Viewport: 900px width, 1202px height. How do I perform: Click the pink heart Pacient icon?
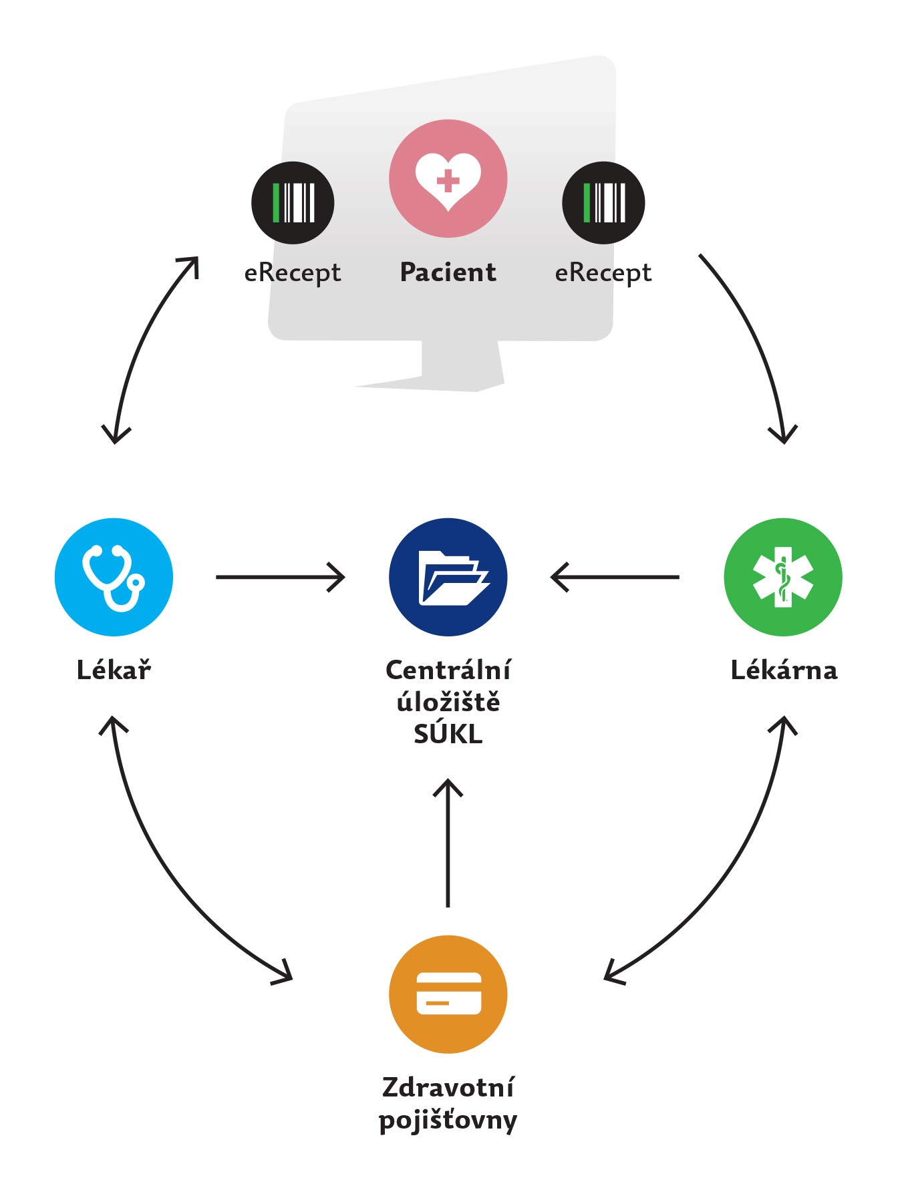[448, 178]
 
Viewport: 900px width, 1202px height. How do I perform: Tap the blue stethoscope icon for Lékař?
[114, 577]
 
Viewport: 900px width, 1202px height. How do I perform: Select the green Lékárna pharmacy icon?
[783, 577]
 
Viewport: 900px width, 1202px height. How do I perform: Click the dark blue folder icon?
[448, 577]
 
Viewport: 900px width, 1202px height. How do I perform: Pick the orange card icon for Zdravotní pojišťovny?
[448, 994]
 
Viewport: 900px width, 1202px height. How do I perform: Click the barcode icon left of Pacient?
[293, 202]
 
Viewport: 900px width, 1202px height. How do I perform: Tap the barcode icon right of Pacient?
[603, 202]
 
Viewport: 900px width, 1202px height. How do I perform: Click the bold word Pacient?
[448, 272]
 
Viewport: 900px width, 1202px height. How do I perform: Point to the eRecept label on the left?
[293, 273]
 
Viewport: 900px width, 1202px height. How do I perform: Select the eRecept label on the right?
[603, 273]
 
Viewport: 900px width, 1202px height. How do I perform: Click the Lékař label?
[114, 670]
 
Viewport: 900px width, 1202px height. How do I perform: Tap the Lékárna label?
[783, 670]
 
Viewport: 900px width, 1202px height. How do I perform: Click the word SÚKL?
[448, 734]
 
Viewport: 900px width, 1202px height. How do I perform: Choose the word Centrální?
[448, 670]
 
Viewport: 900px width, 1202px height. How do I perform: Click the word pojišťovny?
[448, 1120]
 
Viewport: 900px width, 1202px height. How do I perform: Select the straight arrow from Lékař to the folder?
[280, 577]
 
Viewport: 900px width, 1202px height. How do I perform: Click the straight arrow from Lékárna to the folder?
[615, 577]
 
